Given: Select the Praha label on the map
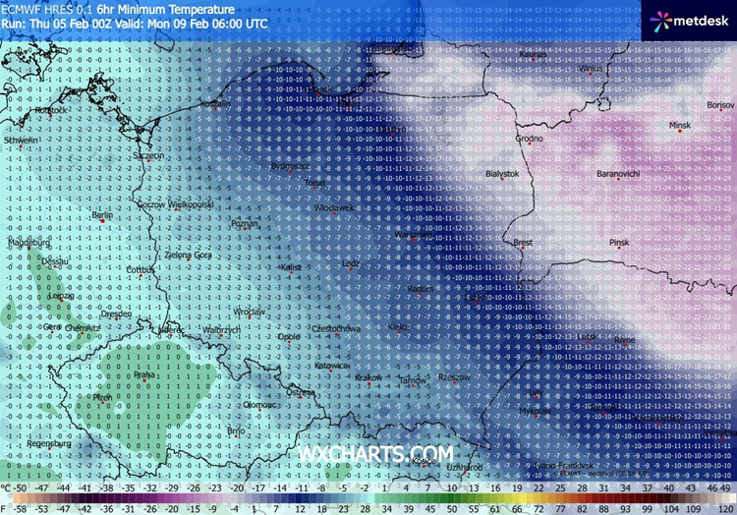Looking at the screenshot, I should coord(144,374).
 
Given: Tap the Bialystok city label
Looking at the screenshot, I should coord(502,173).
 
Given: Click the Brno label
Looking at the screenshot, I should coord(236,430).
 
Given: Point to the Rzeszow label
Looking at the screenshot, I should coord(453,376).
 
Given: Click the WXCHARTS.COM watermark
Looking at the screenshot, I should coord(376,453).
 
